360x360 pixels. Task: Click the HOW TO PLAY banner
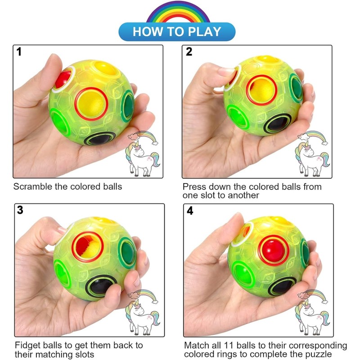(177, 32)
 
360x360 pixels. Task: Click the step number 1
(19, 52)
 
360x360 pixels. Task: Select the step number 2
(189, 52)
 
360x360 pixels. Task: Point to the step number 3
(20, 211)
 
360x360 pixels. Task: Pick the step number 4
(190, 211)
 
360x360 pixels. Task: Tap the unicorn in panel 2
(313, 153)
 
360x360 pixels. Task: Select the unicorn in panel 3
(143, 313)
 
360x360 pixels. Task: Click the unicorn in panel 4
(313, 313)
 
